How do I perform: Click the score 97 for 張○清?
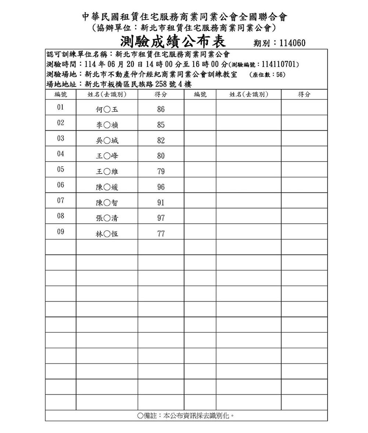[161, 218]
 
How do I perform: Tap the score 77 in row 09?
[161, 234]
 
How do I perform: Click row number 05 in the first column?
[60, 169]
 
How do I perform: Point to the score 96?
[161, 187]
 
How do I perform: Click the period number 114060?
[292, 43]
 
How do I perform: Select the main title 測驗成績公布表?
[173, 41]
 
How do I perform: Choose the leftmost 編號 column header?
[60, 95]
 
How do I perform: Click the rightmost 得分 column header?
[304, 95]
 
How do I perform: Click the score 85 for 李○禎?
[161, 125]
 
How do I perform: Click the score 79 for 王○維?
[161, 172]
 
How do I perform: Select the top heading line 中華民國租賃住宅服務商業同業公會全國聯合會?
[184, 17]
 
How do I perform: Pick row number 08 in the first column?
[60, 216]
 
